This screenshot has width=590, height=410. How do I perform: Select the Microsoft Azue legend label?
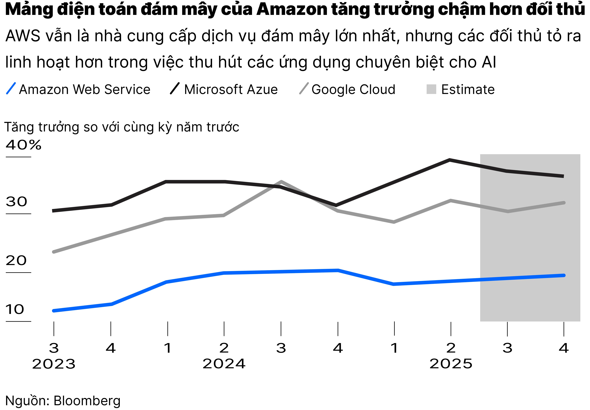tap(231, 90)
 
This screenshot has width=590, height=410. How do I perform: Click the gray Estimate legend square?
tap(431, 89)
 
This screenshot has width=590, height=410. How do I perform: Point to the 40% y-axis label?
tap(23, 145)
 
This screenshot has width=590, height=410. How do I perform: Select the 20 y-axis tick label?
tap(16, 261)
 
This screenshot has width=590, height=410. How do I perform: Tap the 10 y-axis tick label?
tap(15, 310)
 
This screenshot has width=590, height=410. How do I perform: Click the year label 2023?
tap(54, 364)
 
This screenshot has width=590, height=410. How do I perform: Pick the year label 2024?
tap(224, 364)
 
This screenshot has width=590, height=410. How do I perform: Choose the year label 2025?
tap(451, 364)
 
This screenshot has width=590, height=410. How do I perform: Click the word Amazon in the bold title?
tap(291, 10)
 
